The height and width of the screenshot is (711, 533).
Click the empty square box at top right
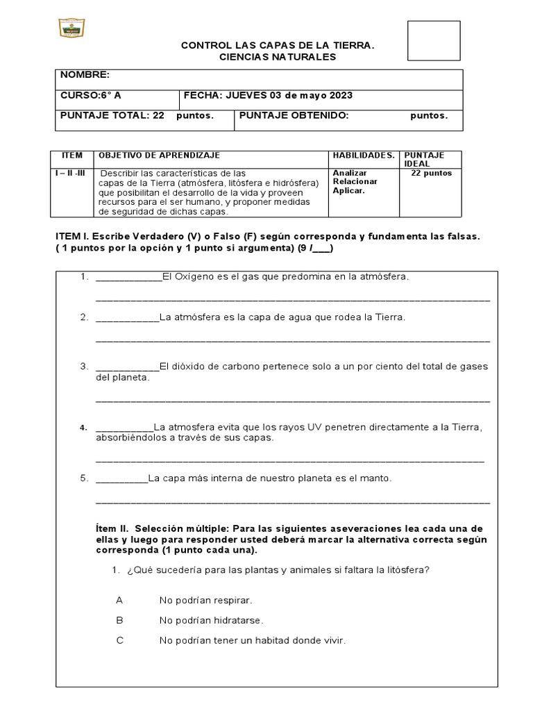point(434,41)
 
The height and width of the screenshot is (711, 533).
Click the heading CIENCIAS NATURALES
point(278,57)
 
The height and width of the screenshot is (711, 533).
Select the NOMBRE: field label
point(85,75)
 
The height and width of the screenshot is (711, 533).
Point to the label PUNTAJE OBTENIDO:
point(294,116)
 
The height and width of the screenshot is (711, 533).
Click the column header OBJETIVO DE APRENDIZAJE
point(160,156)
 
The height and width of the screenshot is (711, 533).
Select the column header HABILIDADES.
point(364,156)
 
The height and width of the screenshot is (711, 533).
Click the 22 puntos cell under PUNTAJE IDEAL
point(431,173)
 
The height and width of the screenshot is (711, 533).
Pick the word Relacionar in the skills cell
point(355,182)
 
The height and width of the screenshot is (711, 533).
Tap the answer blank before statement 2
point(127,317)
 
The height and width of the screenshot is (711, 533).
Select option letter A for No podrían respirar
point(119,599)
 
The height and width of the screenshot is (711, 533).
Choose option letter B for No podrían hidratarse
point(119,620)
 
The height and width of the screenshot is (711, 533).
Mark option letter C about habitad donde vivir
point(119,641)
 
